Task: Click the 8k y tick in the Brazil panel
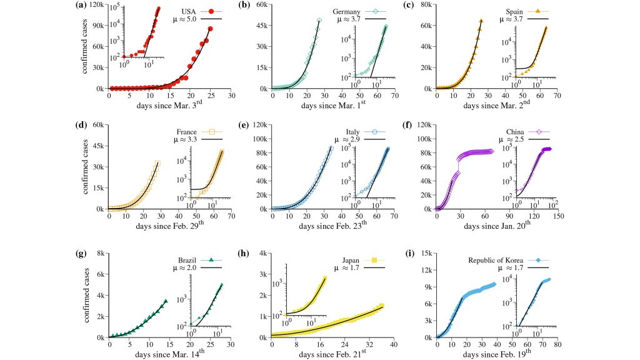click(x=99, y=254)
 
